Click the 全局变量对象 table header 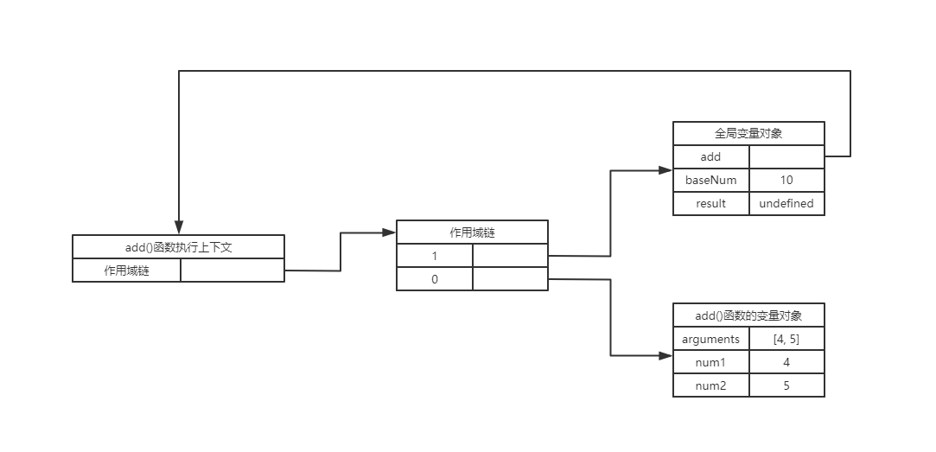(x=748, y=133)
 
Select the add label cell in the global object (x=710, y=156)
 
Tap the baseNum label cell (x=710, y=180)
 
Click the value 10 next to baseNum (x=786, y=180)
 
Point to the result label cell (x=710, y=204)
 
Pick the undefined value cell (x=786, y=204)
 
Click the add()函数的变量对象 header (x=748, y=315)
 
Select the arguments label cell (x=710, y=339)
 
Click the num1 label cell (x=710, y=362)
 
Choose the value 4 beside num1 (x=786, y=362)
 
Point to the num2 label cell (x=710, y=385)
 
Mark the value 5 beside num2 (x=786, y=385)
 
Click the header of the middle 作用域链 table (x=472, y=232)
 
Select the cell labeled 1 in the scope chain (x=435, y=256)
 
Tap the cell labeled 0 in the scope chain (x=435, y=279)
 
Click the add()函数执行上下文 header (x=178, y=246)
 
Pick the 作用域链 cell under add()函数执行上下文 (x=126, y=271)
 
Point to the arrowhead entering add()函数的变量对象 (x=666, y=355)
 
